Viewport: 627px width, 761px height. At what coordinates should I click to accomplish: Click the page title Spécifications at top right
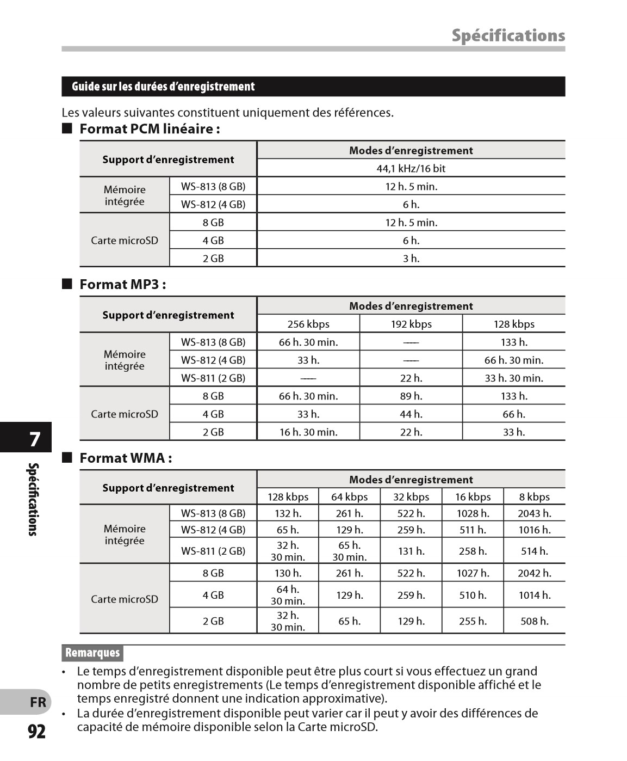pyautogui.click(x=508, y=36)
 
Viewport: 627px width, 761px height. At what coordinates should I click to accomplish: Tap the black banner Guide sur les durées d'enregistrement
pyautogui.click(x=163, y=87)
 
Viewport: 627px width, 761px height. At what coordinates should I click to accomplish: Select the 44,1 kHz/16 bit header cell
pyautogui.click(x=411, y=168)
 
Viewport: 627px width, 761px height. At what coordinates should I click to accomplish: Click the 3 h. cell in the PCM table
pyautogui.click(x=411, y=259)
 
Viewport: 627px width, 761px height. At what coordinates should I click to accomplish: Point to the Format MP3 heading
pyautogui.click(x=123, y=285)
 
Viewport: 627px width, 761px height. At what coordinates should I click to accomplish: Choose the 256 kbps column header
pyautogui.click(x=308, y=324)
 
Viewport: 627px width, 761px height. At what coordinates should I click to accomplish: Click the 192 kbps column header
pyautogui.click(x=411, y=324)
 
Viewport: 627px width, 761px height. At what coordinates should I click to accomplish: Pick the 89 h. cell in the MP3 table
pyautogui.click(x=411, y=396)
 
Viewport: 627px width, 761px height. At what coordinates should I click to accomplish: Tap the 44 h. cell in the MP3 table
pyautogui.click(x=411, y=414)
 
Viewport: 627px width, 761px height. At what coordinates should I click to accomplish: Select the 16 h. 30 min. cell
pyautogui.click(x=308, y=432)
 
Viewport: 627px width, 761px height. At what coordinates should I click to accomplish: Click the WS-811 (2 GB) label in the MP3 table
pyautogui.click(x=213, y=378)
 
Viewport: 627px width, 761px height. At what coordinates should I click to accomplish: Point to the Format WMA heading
pyautogui.click(x=126, y=458)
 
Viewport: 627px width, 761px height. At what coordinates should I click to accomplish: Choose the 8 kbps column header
pyautogui.click(x=534, y=497)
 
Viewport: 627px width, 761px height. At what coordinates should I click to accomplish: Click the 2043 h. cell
pyautogui.click(x=534, y=513)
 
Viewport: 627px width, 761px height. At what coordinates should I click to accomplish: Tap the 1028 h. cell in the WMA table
pyautogui.click(x=473, y=513)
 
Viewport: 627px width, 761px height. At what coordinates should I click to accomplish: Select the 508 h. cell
pyautogui.click(x=534, y=621)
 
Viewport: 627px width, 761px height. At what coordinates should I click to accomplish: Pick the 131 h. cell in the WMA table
pyautogui.click(x=411, y=551)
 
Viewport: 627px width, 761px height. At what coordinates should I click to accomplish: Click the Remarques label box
pyautogui.click(x=92, y=653)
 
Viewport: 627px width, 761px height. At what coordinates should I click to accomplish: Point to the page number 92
pyautogui.click(x=36, y=732)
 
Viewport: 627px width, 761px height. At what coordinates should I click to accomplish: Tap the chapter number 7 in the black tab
pyautogui.click(x=35, y=439)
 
